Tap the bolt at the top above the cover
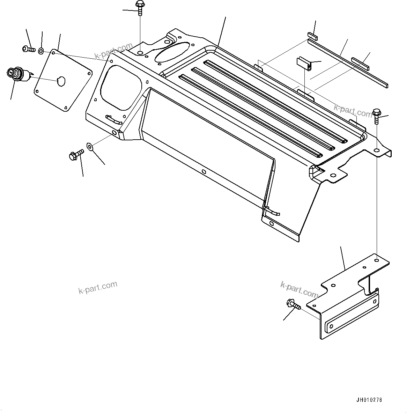click(140, 7)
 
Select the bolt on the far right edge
click(376, 116)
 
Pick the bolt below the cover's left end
click(76, 155)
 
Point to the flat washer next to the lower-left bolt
click(90, 146)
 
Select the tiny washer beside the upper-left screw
click(41, 51)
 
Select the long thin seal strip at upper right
click(347, 63)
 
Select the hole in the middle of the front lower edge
click(204, 172)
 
